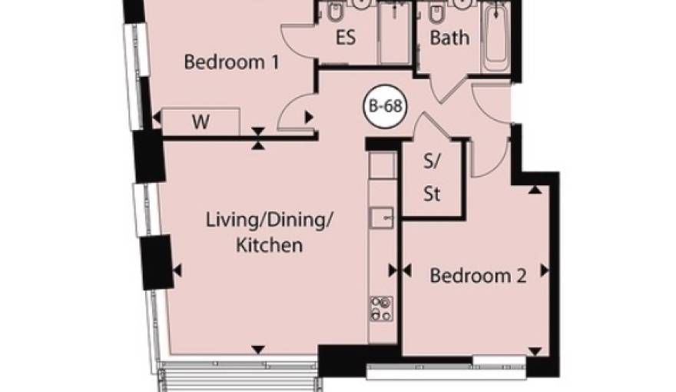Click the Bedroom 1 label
click(231, 62)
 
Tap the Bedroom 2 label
click(478, 275)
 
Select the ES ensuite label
click(346, 37)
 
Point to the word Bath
click(449, 38)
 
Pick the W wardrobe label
click(200, 122)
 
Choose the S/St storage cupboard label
click(432, 178)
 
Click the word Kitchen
click(270, 245)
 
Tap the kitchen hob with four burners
click(382, 309)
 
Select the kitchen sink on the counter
click(382, 218)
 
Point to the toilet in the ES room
click(333, 13)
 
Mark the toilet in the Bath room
click(436, 13)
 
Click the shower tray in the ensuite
click(394, 32)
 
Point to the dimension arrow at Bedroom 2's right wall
click(545, 271)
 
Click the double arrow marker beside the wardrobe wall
click(258, 138)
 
